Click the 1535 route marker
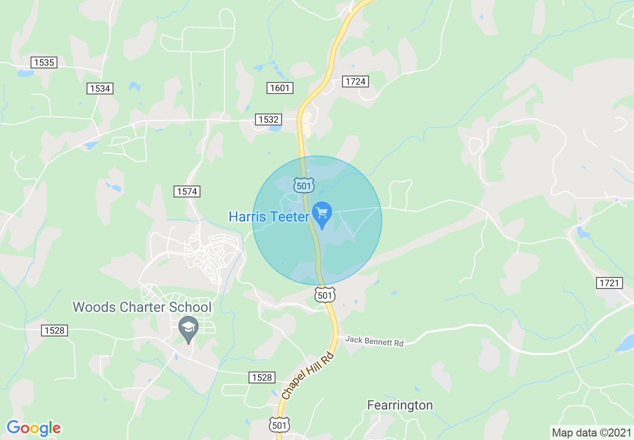44,62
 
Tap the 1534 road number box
100,88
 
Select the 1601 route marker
280,88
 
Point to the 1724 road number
355,81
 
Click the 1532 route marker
268,119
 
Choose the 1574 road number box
187,191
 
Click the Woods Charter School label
142,306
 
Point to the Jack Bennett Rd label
374,341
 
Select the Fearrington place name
400,404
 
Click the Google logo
33,428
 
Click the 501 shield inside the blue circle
304,185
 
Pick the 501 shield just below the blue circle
324,295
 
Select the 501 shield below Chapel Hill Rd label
279,424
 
